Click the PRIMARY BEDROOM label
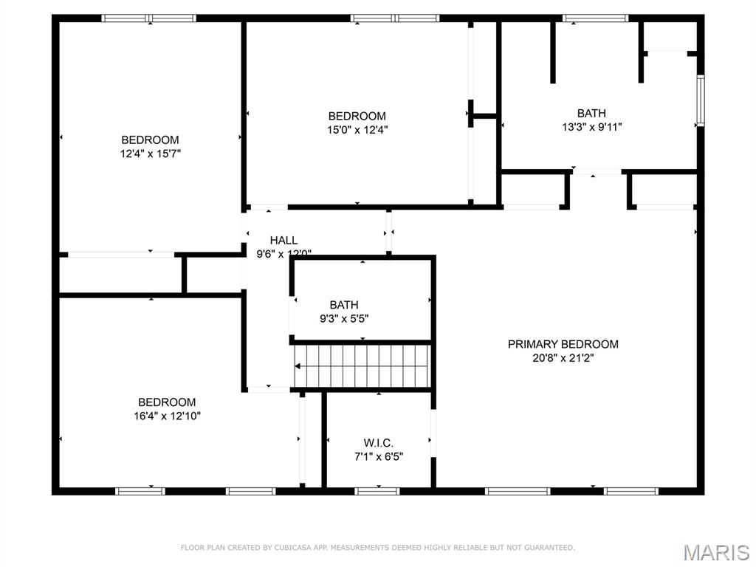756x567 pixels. (x=563, y=344)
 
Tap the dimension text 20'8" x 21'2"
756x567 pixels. (x=563, y=357)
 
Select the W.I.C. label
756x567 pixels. (x=378, y=443)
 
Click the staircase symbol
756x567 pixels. (x=362, y=365)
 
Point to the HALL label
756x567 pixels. (x=283, y=240)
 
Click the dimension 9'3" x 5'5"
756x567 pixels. (x=344, y=318)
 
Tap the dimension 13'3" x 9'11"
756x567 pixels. (x=591, y=126)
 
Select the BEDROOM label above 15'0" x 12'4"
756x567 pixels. (x=357, y=116)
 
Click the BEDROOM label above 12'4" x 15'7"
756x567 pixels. (x=150, y=140)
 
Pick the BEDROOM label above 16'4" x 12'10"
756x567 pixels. (x=167, y=402)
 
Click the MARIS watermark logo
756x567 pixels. (x=715, y=551)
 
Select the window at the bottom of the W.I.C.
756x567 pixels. (x=377, y=490)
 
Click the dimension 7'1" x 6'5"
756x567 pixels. (x=378, y=456)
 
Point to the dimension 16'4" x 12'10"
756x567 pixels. (x=167, y=416)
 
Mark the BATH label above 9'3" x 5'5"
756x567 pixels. (x=344, y=305)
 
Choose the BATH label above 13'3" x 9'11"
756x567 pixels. (x=591, y=113)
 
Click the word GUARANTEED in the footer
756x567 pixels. (x=547, y=548)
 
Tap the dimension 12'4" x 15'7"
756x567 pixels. (x=150, y=153)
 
